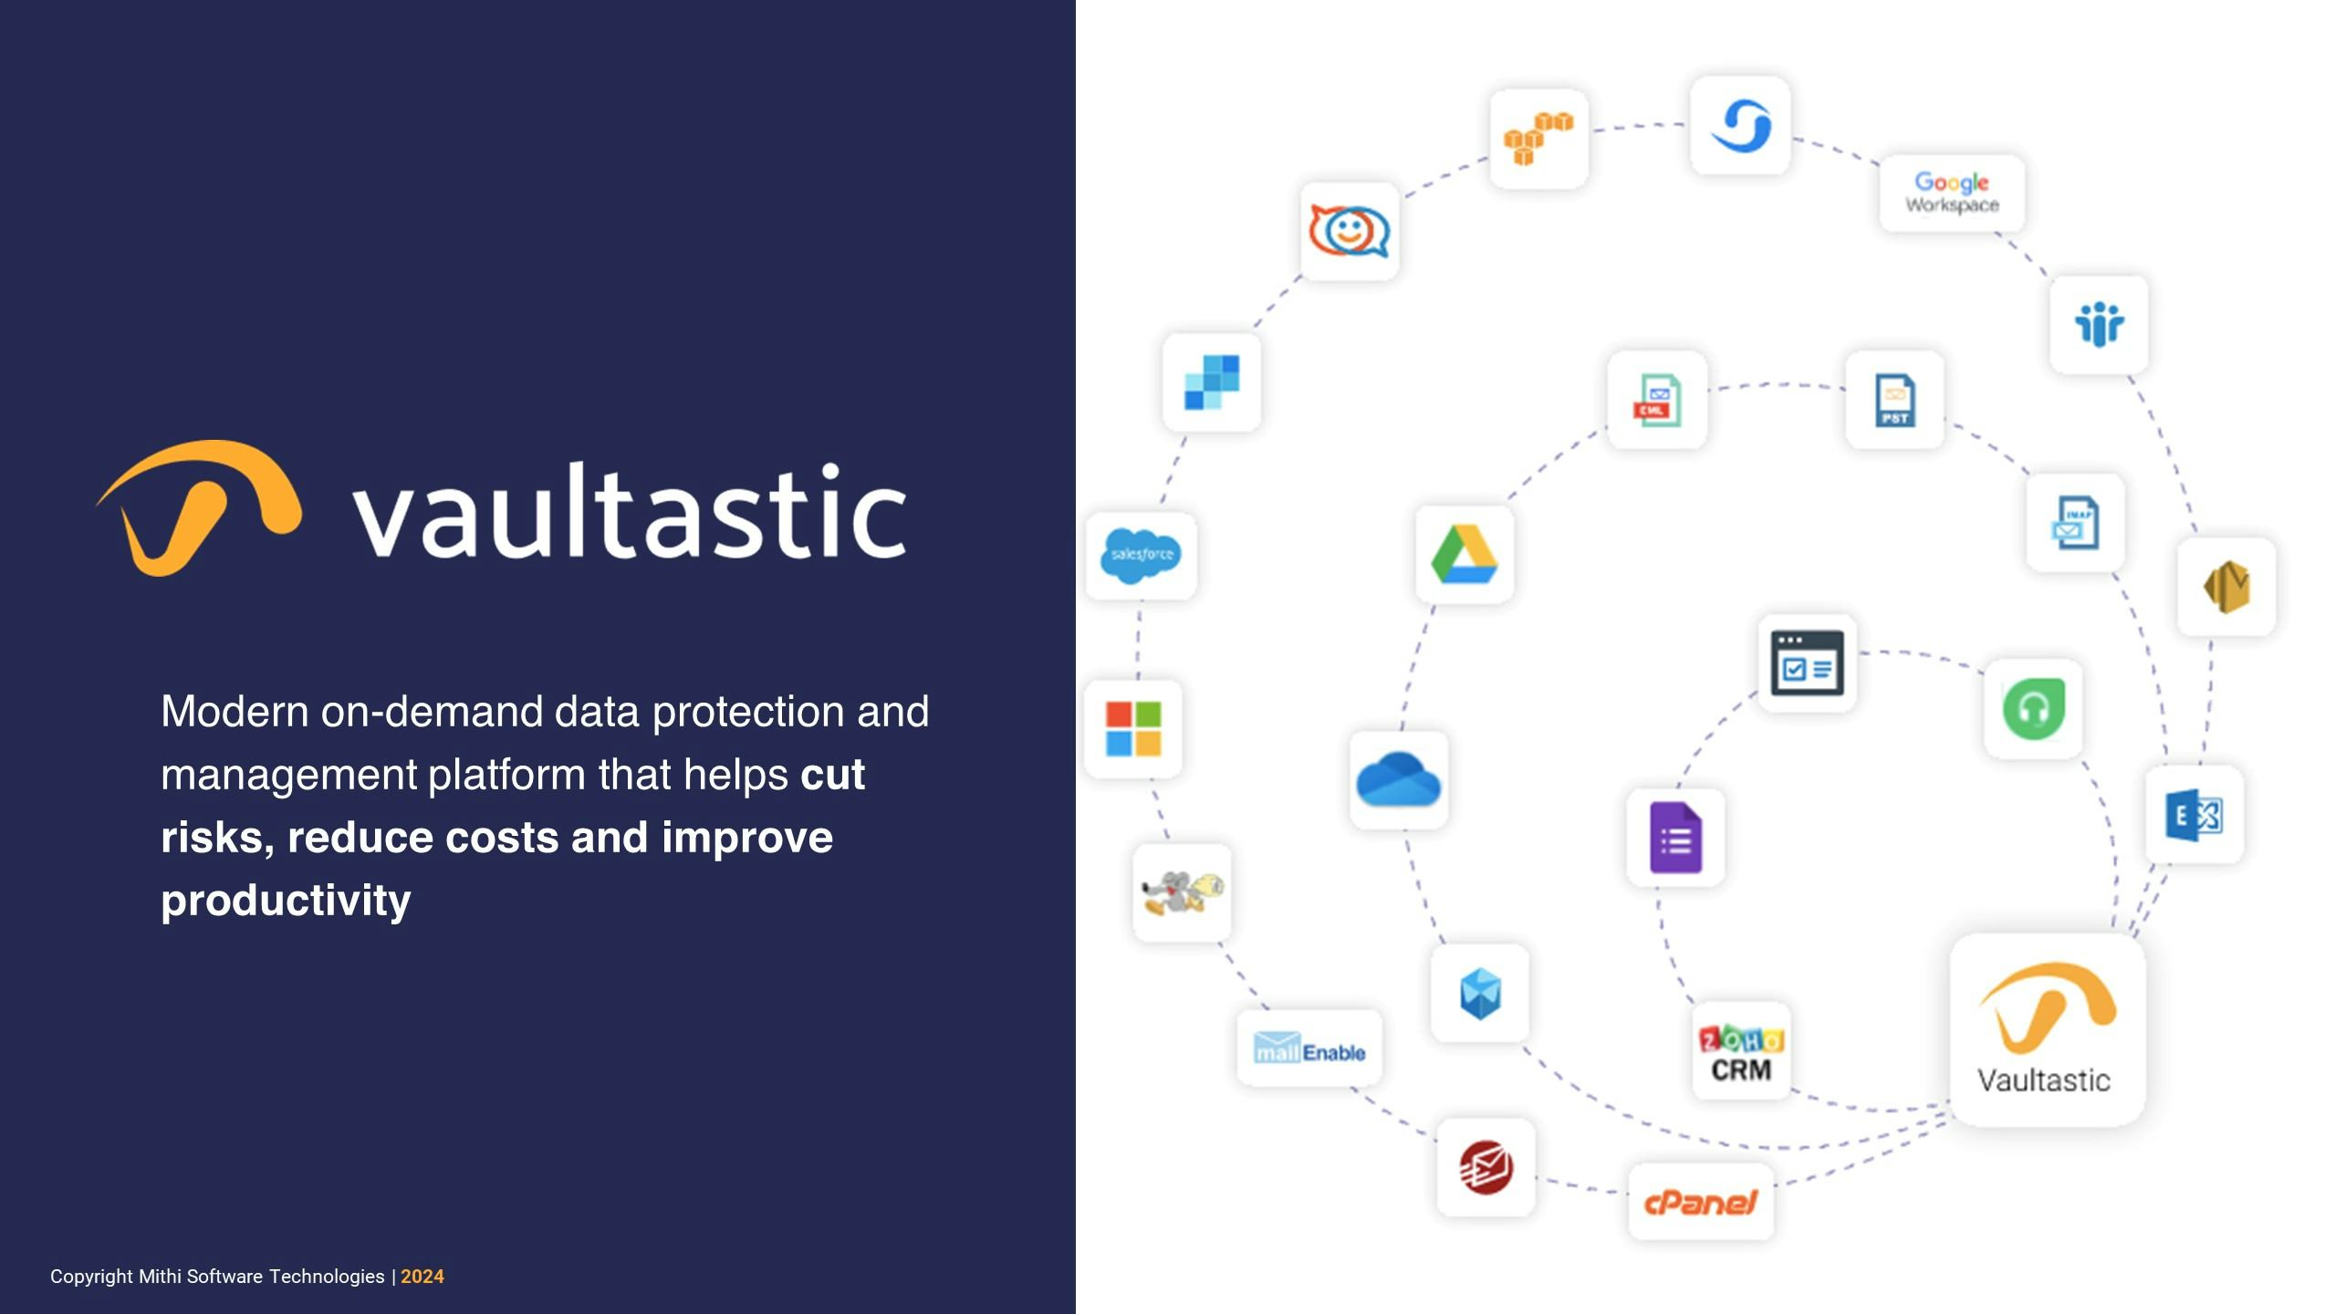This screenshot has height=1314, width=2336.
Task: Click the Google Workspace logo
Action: [x=1952, y=193]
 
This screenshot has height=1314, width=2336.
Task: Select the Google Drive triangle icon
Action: [x=1465, y=554]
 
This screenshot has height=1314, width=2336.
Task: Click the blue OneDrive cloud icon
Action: [x=1398, y=779]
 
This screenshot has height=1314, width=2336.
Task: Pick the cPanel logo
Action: [x=1701, y=1202]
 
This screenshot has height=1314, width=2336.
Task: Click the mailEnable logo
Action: [x=1309, y=1048]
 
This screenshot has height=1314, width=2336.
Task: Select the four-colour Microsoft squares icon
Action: [x=1133, y=729]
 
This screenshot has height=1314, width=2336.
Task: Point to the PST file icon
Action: [x=1895, y=400]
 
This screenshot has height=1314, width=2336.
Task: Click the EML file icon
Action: [x=1657, y=400]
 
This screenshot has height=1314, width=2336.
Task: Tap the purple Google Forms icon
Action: [x=1676, y=838]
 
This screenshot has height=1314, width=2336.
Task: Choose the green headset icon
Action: [x=2033, y=709]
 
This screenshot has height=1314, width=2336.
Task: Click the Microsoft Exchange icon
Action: [x=2195, y=815]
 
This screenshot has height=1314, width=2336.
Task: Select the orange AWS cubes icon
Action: [x=1538, y=139]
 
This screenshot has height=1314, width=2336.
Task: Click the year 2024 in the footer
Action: [x=422, y=1277]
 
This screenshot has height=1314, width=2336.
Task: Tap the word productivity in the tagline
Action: [x=286, y=901]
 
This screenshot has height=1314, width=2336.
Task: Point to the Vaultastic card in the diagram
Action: [x=2048, y=1030]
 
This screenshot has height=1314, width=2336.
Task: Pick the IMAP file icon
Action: [x=2075, y=523]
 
